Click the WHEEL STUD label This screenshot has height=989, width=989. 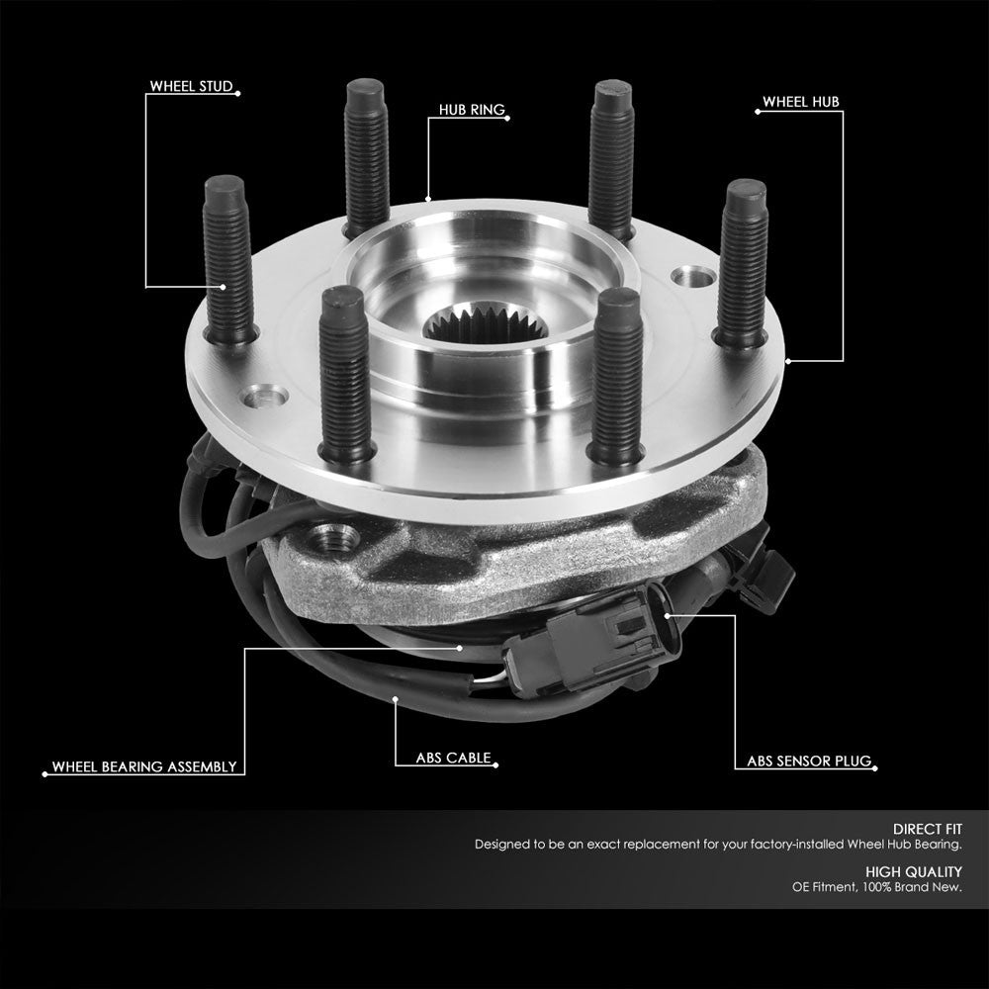click(x=191, y=87)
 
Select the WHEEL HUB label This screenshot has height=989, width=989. click(x=800, y=102)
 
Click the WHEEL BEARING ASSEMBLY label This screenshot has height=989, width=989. click(x=144, y=765)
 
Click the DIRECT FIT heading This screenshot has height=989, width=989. click(x=927, y=829)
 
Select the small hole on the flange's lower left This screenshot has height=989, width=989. click(x=268, y=397)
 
